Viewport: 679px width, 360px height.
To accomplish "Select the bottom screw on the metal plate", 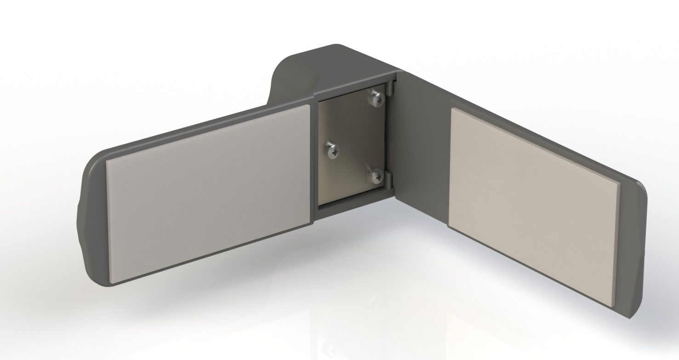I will pos(377,175).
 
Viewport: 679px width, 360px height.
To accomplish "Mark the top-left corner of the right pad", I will pos(452,109).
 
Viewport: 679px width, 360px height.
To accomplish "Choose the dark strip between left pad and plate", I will pos(314,161).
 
